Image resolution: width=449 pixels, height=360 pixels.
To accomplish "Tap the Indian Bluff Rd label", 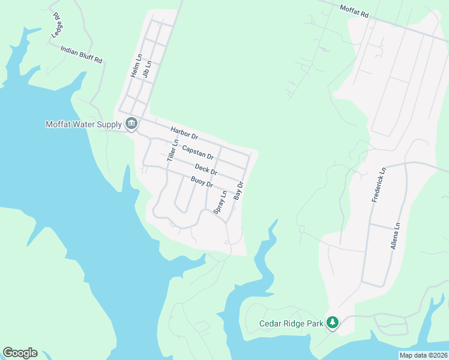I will coord(82,54).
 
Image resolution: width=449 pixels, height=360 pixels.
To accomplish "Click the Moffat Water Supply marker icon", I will coord(131,125).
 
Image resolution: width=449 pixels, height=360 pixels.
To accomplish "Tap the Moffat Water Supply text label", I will coord(83,125).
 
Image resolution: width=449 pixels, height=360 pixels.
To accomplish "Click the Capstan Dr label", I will coord(197,151).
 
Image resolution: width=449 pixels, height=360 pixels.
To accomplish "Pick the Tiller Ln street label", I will coord(173,150).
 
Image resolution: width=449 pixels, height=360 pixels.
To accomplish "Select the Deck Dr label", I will coord(205,170).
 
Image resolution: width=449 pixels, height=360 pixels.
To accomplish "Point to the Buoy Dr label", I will coord(202,182).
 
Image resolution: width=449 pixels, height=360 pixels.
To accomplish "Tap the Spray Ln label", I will coord(220,202).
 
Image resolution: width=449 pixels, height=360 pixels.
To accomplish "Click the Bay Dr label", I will coord(239,191).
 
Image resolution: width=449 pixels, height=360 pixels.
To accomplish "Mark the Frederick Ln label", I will coord(378,185).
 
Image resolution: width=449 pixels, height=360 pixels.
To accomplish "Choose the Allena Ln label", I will coord(395,236).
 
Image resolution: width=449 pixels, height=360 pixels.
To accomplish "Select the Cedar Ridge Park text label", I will coord(291,323).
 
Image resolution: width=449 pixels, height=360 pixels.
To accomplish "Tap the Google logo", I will coord(20,353).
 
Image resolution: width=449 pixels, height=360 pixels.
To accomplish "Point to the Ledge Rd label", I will coord(57,25).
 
